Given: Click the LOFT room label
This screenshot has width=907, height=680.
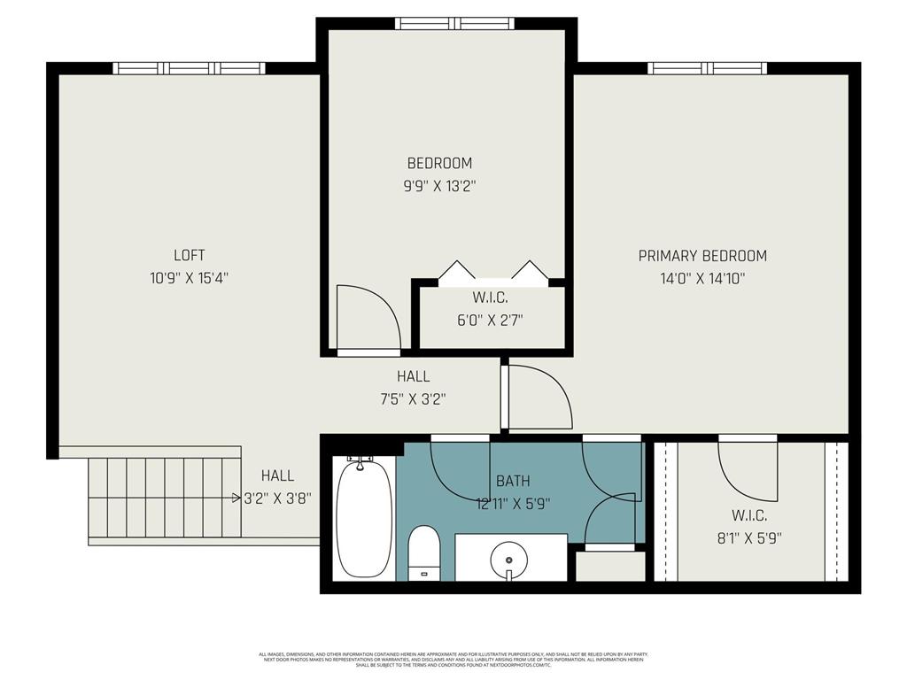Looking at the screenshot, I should coord(189,255).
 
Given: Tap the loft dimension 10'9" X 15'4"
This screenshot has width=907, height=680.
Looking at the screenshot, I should coord(189,278).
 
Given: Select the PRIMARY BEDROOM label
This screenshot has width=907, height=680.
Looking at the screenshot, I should coord(702,256).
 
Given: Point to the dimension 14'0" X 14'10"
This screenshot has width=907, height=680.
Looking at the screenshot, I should coord(702,278).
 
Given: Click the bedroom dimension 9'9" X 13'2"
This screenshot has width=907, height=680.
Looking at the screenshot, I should coord(439,186).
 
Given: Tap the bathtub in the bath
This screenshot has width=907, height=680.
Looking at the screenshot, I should coord(364,518).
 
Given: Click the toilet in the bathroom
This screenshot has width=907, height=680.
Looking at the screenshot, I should coord(424,551).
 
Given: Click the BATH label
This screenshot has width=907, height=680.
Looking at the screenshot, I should coord(513,481).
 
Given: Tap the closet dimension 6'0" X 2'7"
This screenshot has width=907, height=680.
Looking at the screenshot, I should coord(490,321).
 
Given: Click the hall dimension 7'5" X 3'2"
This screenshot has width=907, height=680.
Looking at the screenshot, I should coord(413,399).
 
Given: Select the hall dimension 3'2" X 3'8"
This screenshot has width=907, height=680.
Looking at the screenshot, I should coord(277,498).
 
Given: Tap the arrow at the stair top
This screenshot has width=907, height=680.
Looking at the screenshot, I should coord(236,498).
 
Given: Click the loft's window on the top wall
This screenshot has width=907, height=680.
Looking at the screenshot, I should coord(189,68).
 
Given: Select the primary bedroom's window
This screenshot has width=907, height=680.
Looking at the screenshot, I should coord(707,68).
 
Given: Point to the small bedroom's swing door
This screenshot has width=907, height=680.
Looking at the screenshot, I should coord(367,319).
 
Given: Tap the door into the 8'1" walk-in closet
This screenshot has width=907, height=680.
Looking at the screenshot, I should coord(747,467).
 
